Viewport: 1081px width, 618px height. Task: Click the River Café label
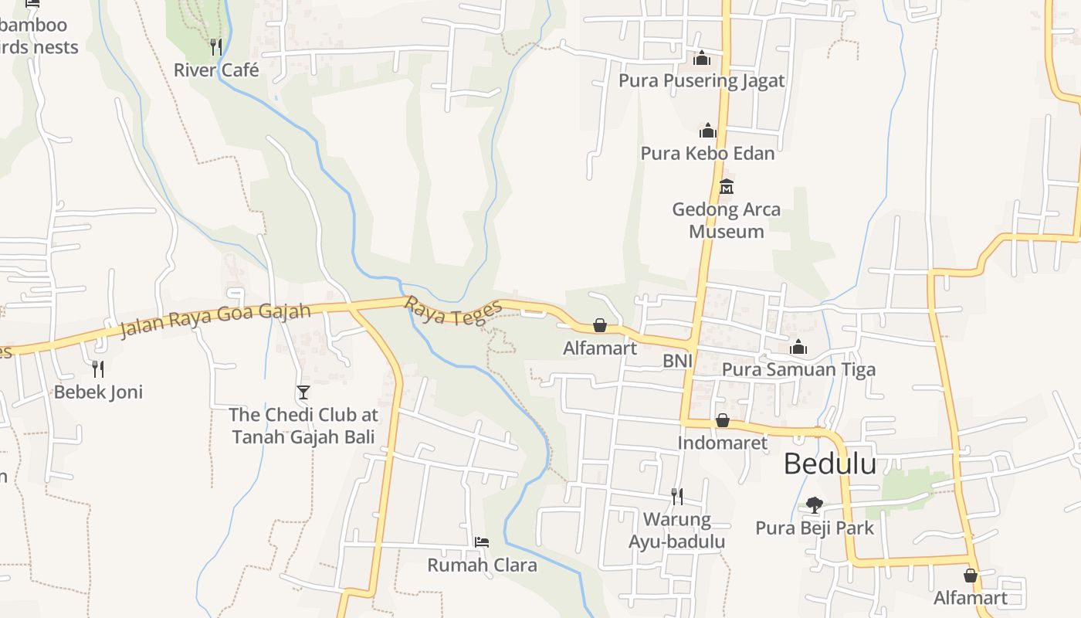(x=216, y=70)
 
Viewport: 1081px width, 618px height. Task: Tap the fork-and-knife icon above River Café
(x=216, y=47)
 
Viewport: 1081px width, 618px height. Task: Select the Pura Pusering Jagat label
(x=701, y=80)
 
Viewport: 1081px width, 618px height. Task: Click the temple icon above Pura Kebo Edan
(x=707, y=131)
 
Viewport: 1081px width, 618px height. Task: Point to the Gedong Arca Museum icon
(x=726, y=187)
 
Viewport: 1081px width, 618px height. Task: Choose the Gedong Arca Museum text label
(x=726, y=220)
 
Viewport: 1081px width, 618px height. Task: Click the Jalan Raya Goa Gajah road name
(x=215, y=321)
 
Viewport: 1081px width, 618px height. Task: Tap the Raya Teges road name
(x=453, y=312)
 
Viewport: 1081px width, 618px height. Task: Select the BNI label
(x=677, y=361)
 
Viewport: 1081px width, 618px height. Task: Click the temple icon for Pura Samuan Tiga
(x=798, y=348)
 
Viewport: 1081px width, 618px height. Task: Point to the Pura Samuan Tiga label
(x=798, y=369)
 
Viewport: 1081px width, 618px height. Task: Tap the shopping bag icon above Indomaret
(x=723, y=420)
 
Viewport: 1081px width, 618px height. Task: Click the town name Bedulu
(x=830, y=463)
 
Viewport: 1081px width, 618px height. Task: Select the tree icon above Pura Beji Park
(x=814, y=505)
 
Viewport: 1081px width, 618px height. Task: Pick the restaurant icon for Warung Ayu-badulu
(x=676, y=495)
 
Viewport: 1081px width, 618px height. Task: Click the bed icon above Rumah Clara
(x=482, y=542)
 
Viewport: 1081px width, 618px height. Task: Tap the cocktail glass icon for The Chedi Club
(x=303, y=392)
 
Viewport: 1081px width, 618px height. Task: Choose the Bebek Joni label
(x=98, y=392)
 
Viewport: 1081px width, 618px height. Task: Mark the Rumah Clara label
(x=482, y=565)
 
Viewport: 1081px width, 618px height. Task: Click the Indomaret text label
(x=723, y=443)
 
